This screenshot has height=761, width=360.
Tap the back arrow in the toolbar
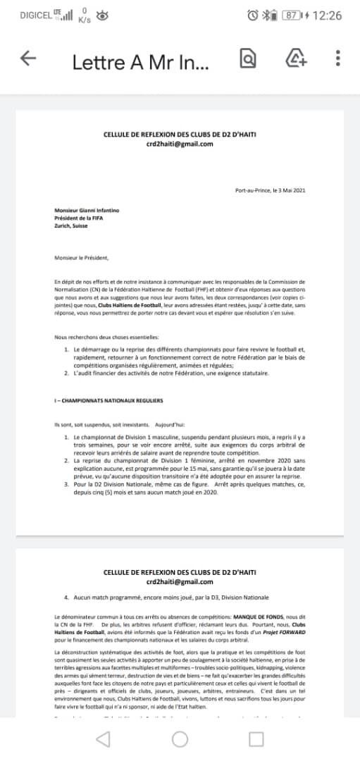(x=28, y=59)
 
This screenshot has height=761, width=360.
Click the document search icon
(x=248, y=59)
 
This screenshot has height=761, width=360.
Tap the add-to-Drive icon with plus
(x=296, y=59)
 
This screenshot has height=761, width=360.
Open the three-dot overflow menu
(x=338, y=59)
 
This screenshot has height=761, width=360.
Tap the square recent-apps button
(x=256, y=738)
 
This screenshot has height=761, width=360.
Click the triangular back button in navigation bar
(x=103, y=738)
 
